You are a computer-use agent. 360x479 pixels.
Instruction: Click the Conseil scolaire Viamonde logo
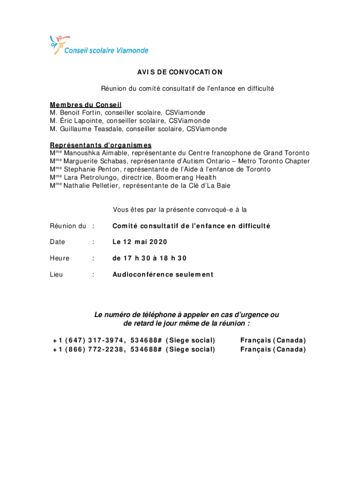point(99,46)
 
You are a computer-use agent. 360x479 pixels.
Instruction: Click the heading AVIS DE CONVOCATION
point(180,72)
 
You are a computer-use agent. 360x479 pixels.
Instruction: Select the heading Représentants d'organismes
point(101,145)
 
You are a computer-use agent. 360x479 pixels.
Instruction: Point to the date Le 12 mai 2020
point(139,242)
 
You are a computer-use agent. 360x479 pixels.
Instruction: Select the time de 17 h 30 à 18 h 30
point(149,258)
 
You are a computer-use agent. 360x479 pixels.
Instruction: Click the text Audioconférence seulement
point(162,275)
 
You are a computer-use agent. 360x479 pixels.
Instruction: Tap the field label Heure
point(59,258)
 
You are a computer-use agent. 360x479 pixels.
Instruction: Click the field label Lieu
point(56,275)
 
